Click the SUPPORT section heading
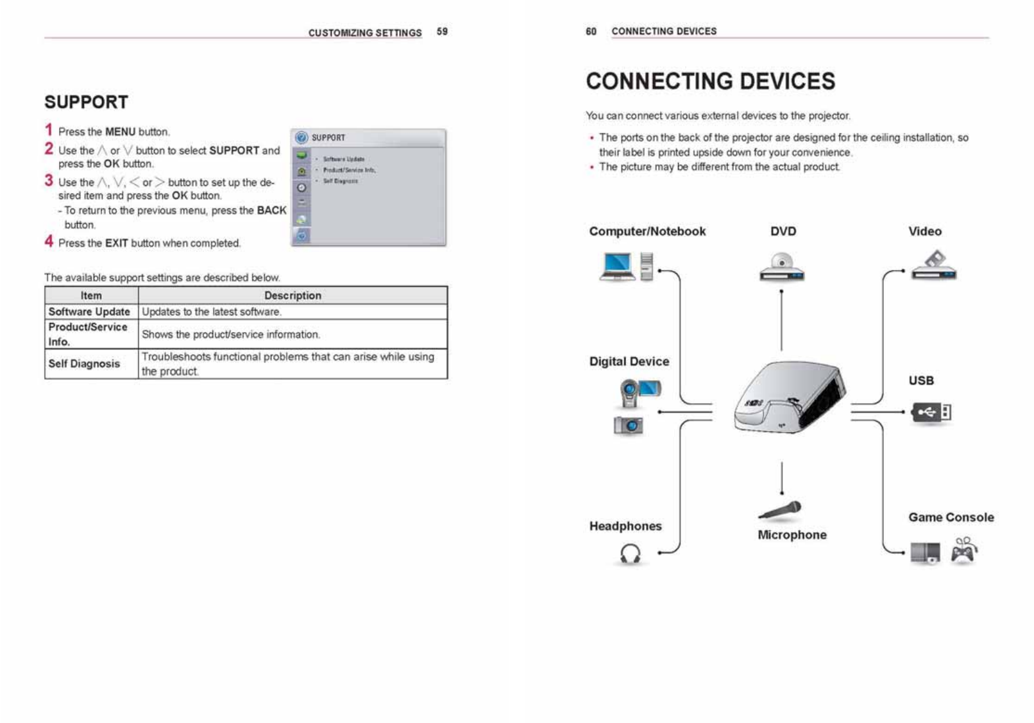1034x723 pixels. coord(87,103)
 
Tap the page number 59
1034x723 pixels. coord(442,31)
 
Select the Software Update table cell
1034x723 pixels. coord(89,312)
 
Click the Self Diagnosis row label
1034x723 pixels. coord(84,363)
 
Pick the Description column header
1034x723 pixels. coord(292,295)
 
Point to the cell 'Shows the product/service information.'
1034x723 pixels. coord(231,334)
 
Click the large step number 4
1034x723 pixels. coord(49,242)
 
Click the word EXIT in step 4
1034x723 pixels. coord(117,244)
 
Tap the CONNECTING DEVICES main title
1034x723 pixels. coord(710,81)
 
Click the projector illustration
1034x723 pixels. coord(790,397)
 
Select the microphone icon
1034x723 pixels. coord(781,510)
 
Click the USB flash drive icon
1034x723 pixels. coord(931,412)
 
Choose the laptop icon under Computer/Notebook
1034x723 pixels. coord(617,266)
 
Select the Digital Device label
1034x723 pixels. coord(629,361)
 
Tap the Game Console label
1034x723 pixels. coord(951,517)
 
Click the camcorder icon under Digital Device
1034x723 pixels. coord(639,392)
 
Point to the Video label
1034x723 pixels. coord(924,231)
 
